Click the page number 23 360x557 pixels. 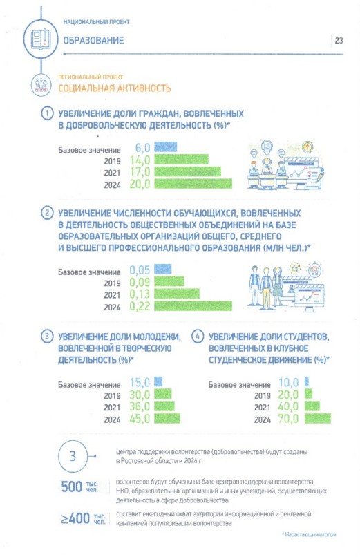click(339, 41)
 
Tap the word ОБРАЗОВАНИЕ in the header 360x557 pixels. click(93, 41)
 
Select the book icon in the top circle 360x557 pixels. click(41, 39)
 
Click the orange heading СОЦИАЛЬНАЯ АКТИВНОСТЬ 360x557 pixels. click(114, 88)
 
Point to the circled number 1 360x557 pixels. click(47, 113)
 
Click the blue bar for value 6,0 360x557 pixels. click(165, 147)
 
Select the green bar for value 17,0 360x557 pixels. click(187, 171)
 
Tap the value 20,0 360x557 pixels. click(140, 184)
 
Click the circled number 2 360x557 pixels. click(47, 213)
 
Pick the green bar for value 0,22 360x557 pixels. click(193, 306)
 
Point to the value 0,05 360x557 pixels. click(140, 270)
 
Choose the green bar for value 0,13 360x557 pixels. click(177, 294)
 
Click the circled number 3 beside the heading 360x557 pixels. click(47, 337)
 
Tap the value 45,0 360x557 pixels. click(140, 419)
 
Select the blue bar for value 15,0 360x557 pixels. click(158, 381)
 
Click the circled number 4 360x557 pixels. click(198, 337)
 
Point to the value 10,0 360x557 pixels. click(288, 383)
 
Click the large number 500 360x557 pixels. click(72, 487)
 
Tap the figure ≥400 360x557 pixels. click(75, 518)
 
